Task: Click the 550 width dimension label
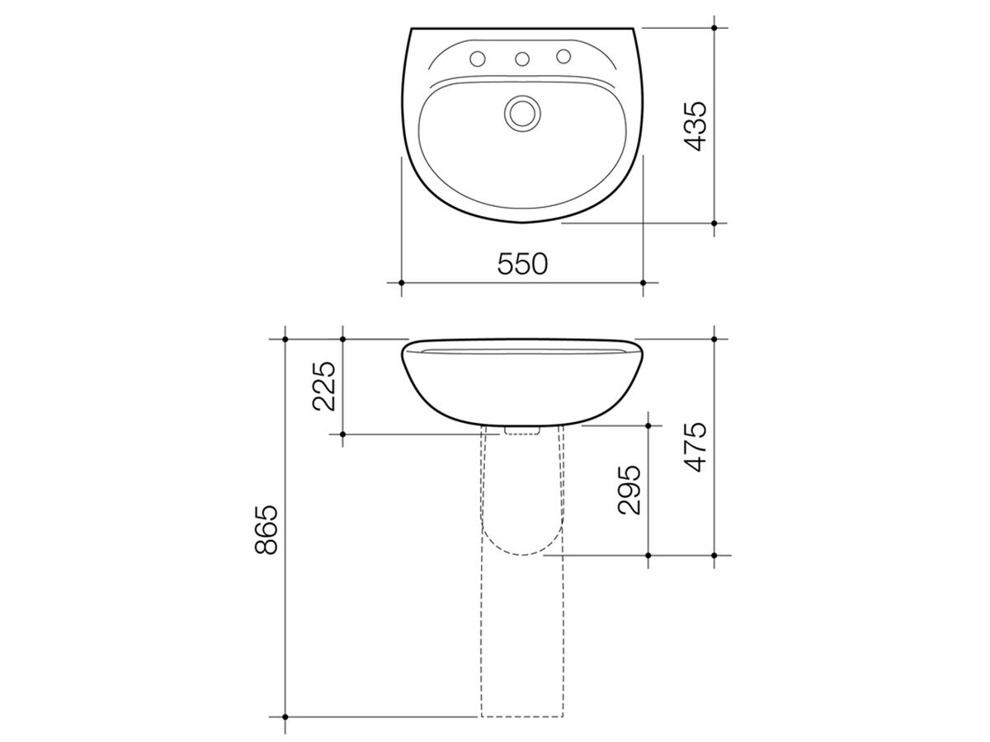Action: (522, 264)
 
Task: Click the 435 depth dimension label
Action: (695, 125)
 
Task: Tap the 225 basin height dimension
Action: (324, 386)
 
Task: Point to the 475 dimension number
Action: (695, 446)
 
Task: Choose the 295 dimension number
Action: (629, 490)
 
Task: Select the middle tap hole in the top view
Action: (521, 59)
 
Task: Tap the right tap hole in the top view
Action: (564, 56)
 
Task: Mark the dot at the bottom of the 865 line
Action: (285, 716)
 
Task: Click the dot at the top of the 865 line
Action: (285, 339)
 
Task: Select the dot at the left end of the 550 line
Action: (402, 282)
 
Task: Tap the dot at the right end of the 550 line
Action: (643, 282)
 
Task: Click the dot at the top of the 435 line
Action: (714, 28)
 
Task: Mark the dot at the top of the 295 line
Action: (648, 425)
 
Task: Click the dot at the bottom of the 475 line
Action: (714, 555)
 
